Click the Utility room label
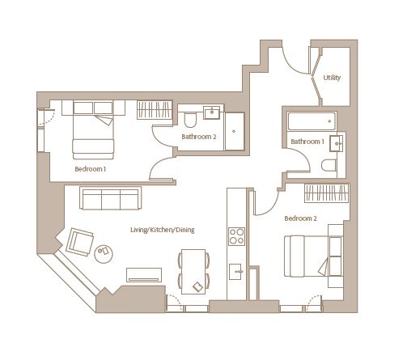click(x=332, y=78)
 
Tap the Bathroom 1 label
click(x=307, y=142)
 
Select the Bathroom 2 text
click(x=199, y=137)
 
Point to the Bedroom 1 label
click(x=91, y=169)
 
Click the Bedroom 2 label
click(x=300, y=218)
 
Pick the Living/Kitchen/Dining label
click(x=163, y=230)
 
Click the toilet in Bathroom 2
click(x=190, y=120)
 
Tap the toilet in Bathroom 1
click(x=329, y=165)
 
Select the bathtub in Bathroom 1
click(x=312, y=121)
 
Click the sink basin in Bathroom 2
click(x=212, y=112)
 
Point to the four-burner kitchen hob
click(x=236, y=236)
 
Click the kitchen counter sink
click(x=236, y=272)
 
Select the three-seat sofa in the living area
click(x=110, y=198)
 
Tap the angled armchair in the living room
click(x=80, y=242)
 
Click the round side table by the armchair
click(x=104, y=254)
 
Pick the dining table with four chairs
click(x=193, y=272)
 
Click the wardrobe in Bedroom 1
click(x=155, y=110)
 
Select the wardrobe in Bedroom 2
click(x=327, y=193)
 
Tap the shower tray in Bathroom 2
click(x=235, y=131)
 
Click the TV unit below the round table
click(x=144, y=275)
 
